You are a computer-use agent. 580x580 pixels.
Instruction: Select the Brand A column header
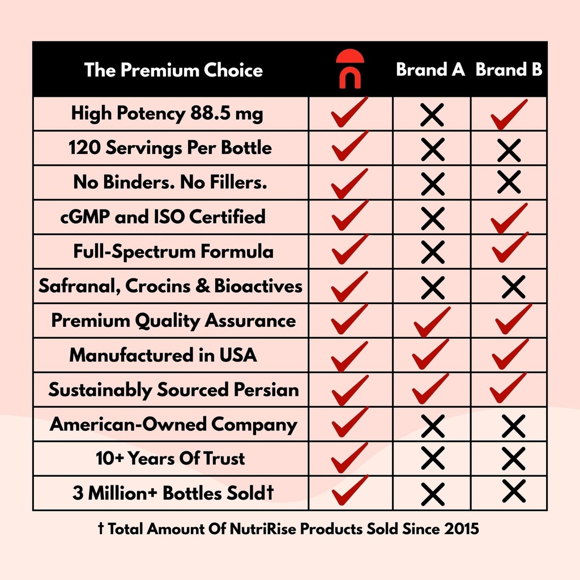coord(430,70)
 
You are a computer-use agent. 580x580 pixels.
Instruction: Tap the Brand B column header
coord(509,70)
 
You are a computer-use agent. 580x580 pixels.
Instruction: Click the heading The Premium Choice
coord(173,70)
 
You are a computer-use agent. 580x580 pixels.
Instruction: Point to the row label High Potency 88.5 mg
coord(167,114)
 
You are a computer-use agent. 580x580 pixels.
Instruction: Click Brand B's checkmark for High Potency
coord(508,115)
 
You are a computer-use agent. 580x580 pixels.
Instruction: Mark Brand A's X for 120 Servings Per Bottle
coord(432,150)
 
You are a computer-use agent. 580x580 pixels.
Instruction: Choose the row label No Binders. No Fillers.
coord(170,182)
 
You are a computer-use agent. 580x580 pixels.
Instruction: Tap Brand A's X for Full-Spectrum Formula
coord(432,253)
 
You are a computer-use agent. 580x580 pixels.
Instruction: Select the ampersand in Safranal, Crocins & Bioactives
coord(202,286)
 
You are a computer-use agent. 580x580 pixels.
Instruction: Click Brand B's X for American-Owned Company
coord(513,425)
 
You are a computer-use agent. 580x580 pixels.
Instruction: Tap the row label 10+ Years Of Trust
coord(170,458)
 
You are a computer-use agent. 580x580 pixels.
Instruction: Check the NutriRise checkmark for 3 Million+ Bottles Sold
coord(349,491)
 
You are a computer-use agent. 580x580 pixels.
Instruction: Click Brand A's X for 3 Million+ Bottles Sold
coord(432,493)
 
